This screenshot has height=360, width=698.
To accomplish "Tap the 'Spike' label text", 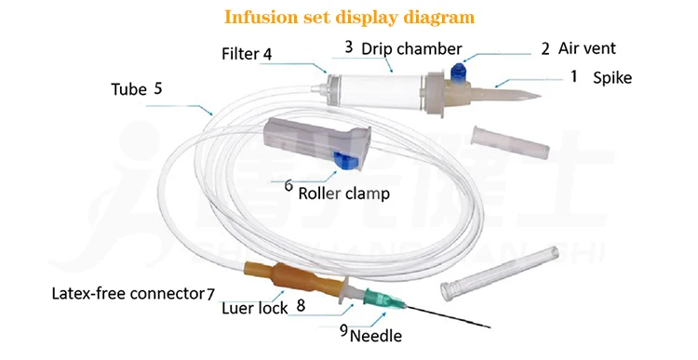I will [612, 78].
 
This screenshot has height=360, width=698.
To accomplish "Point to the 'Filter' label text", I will [240, 54].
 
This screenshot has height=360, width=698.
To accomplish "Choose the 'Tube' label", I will [128, 89].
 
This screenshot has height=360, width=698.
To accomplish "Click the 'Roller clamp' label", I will [343, 194].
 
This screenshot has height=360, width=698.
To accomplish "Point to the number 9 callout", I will [342, 329].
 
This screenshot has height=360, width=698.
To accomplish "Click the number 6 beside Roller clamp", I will [289, 185].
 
